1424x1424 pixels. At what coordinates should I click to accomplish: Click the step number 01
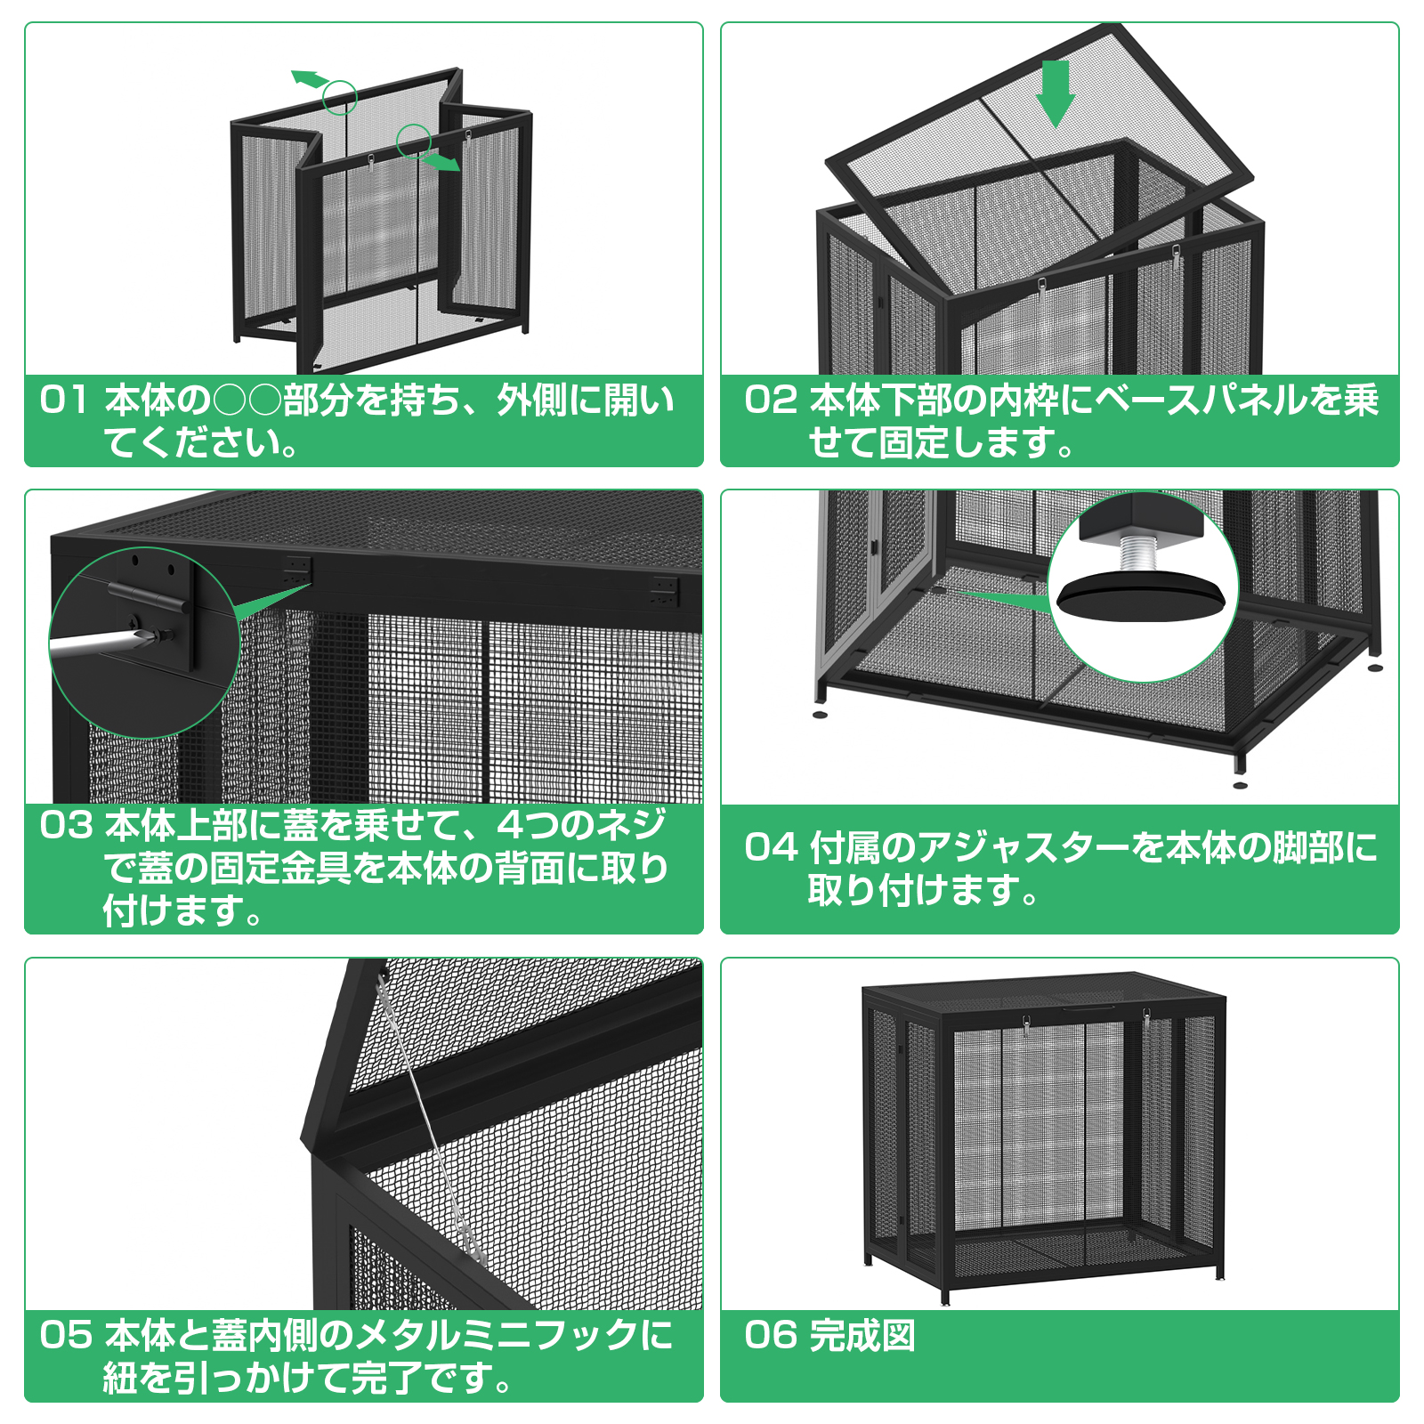(x=63, y=400)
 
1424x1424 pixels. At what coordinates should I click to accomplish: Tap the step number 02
(x=770, y=400)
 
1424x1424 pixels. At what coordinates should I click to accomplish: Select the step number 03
(x=66, y=825)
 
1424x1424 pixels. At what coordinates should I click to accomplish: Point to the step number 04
(x=770, y=847)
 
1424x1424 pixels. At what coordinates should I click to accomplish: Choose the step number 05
(x=66, y=1335)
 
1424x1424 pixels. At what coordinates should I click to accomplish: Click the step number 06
(x=770, y=1335)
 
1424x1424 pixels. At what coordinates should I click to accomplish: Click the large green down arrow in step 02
(x=1056, y=93)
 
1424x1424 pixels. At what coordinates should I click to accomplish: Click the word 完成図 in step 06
(x=862, y=1335)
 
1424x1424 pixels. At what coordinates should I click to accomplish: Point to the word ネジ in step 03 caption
(x=631, y=825)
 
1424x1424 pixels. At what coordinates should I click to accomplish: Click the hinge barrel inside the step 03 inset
(x=147, y=597)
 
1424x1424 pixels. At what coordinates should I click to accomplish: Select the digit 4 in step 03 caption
(x=511, y=825)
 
